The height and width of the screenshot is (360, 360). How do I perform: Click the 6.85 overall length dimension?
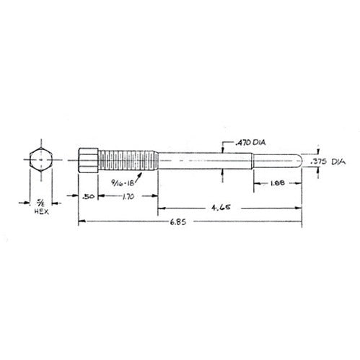[x=178, y=221]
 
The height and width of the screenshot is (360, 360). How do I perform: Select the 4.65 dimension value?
[x=221, y=207]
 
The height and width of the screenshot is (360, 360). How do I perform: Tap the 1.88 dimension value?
[x=278, y=183]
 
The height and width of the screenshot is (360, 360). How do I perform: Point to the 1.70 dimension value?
[x=128, y=197]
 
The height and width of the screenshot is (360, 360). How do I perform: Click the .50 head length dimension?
[x=88, y=197]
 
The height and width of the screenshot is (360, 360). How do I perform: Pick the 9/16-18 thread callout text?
[x=123, y=183]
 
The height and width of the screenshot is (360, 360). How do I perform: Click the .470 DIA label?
[x=250, y=143]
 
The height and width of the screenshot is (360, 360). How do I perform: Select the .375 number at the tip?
[x=318, y=162]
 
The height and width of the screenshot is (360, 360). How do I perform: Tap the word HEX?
[x=42, y=211]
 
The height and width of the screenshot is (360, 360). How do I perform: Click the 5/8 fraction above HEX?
[x=40, y=203]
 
